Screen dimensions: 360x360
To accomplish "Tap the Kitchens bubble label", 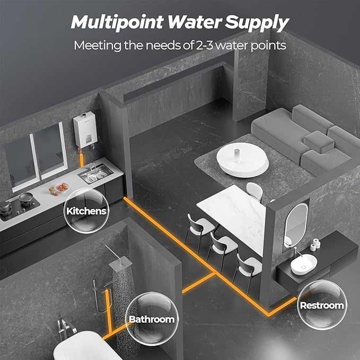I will point(86,210).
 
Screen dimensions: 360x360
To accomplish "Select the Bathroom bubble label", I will point(151,319).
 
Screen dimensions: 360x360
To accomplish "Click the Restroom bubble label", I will point(321,305).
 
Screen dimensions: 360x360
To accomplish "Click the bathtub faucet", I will point(64,328).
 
